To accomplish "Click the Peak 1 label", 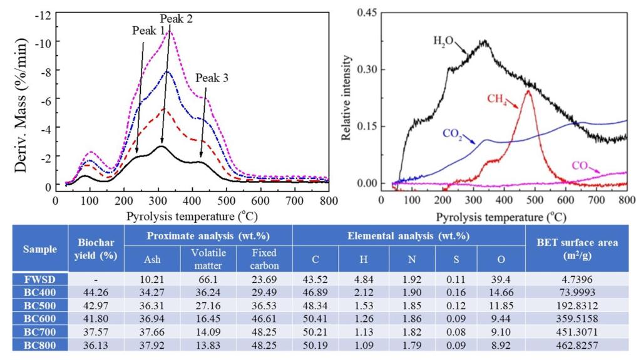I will tap(148, 31).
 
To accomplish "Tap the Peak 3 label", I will tap(212, 78).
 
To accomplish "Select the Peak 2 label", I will tap(176, 19).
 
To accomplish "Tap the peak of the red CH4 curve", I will tap(528, 91).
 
